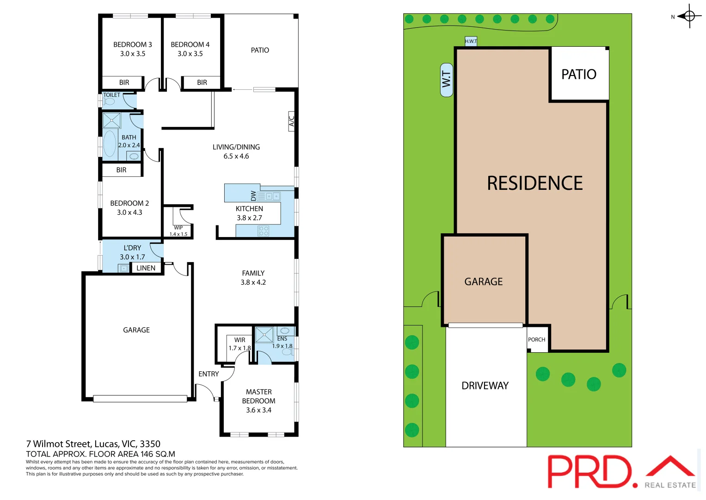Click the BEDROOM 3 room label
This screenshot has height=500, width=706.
[x=133, y=45]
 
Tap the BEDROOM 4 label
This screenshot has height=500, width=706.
[x=190, y=45]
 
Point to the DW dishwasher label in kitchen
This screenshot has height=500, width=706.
[x=253, y=196]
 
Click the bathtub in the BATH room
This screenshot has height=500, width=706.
[x=110, y=144]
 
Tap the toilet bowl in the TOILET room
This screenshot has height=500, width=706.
[x=110, y=101]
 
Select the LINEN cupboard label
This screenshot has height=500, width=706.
[x=146, y=268]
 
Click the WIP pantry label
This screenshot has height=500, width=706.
[x=178, y=228]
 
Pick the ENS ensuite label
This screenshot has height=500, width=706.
[x=282, y=339]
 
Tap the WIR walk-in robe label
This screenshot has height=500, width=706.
[x=239, y=340]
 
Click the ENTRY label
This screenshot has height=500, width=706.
[x=209, y=374]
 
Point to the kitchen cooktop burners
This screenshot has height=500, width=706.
[x=264, y=231]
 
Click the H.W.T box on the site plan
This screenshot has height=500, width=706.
[x=471, y=41]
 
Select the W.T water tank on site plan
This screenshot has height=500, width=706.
[x=446, y=80]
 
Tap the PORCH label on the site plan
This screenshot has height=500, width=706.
[x=537, y=340]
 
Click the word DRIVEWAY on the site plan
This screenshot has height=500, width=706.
[x=485, y=386]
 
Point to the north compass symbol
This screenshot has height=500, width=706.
[x=689, y=17]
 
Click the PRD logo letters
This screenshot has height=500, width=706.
[x=589, y=471]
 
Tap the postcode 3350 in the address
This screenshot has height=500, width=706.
[x=150, y=444]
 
